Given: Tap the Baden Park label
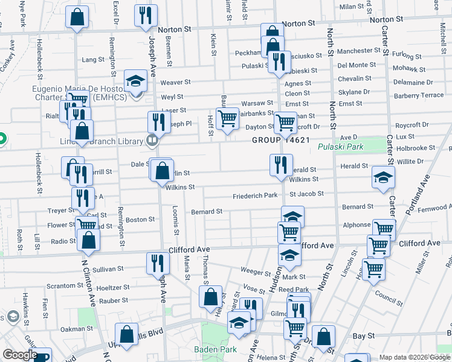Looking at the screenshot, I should click(210, 349).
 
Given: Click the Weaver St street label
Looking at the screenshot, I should click(175, 82).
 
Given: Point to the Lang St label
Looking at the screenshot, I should click(93, 60).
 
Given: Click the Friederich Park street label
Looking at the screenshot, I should click(255, 196).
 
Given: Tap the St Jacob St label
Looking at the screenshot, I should click(306, 194).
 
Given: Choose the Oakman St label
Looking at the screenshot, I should click(76, 329).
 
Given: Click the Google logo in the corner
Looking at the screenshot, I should click(19, 355).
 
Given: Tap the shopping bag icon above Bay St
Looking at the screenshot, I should click(324, 337).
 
